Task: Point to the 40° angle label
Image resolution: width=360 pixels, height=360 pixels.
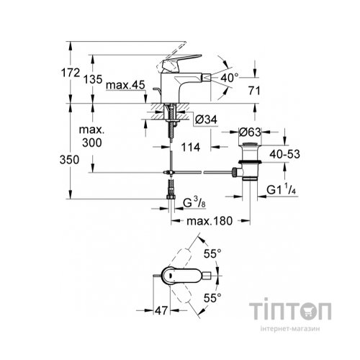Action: click(x=230, y=76)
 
